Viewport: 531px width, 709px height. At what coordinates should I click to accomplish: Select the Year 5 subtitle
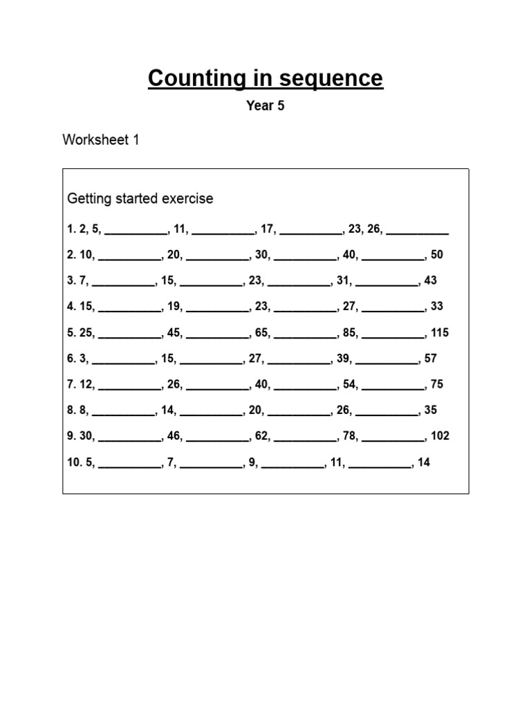pos(265,106)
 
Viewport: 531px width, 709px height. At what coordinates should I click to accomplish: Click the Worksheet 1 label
pos(101,140)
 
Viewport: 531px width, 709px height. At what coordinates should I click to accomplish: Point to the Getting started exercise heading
pos(140,199)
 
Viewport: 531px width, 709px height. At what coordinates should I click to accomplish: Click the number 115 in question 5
pos(439,332)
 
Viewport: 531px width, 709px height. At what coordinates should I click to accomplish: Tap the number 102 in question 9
pos(439,436)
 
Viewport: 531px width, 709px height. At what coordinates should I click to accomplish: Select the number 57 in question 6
pos(430,359)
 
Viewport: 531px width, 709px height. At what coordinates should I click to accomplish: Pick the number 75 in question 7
pos(436,384)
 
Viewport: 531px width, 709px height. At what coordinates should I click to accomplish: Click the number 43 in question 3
pos(430,280)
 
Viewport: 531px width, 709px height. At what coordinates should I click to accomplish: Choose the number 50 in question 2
pos(436,255)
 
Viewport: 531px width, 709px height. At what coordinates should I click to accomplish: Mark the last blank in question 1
pos(418,231)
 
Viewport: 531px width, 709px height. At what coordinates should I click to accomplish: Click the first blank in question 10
pos(129,465)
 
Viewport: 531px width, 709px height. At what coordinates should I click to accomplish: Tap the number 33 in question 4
pos(436,306)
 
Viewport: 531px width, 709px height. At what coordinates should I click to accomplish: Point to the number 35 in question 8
pos(430,410)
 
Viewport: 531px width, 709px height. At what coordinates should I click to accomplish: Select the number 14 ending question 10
pos(424,462)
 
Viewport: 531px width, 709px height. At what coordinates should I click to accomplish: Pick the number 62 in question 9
pos(261,436)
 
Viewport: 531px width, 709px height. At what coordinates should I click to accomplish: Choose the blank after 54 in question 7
pos(393,387)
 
